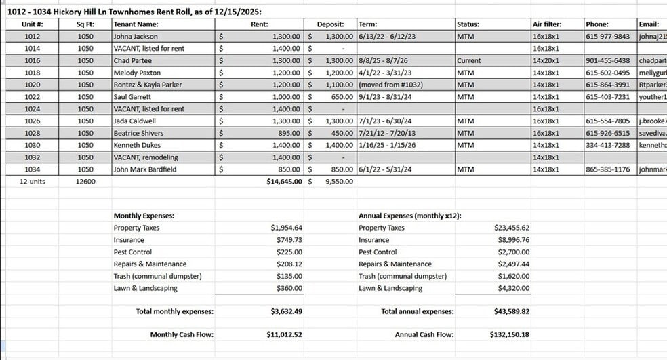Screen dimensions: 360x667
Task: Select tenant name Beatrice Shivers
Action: point(138,134)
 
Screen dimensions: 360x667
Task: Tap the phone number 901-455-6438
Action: point(608,61)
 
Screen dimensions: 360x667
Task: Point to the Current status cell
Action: point(469,61)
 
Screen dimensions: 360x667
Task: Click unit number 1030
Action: point(32,146)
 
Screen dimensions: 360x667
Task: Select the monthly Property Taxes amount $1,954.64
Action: point(286,228)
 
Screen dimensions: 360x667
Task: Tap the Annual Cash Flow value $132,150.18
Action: point(509,334)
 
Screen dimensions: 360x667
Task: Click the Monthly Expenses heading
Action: point(144,216)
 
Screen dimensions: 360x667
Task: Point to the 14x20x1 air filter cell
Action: point(546,61)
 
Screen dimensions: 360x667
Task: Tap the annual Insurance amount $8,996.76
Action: point(513,240)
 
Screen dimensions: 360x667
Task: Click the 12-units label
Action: point(32,182)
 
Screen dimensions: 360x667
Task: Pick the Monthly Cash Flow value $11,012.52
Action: point(285,334)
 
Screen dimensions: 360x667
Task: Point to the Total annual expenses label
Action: point(417,311)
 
